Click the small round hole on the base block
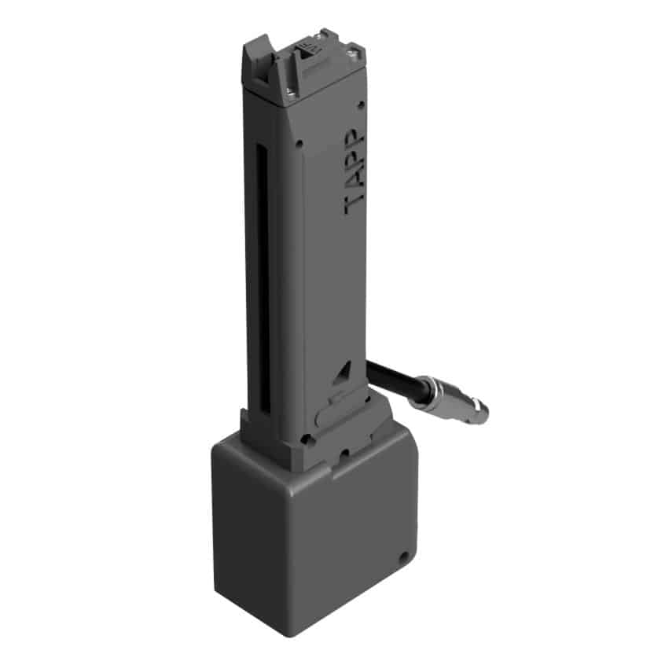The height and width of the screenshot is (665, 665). click(404, 557)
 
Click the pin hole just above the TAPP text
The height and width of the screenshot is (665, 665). click(360, 105)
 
